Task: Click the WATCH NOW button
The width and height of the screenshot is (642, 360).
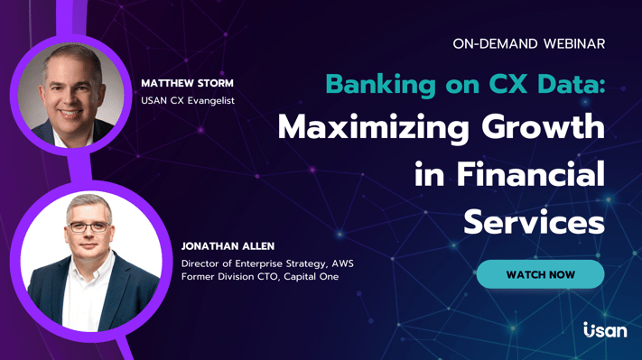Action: (540, 274)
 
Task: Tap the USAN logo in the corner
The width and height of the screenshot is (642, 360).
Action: (604, 330)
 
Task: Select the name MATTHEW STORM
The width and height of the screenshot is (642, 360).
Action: (187, 83)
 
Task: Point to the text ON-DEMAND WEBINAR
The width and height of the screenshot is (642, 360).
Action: (529, 43)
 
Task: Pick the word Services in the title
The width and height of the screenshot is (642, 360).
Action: (534, 221)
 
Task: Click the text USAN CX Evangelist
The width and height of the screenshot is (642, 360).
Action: (188, 100)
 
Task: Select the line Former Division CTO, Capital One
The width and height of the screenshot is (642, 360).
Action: (260, 277)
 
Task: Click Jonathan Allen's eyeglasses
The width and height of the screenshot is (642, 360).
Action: (88, 226)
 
